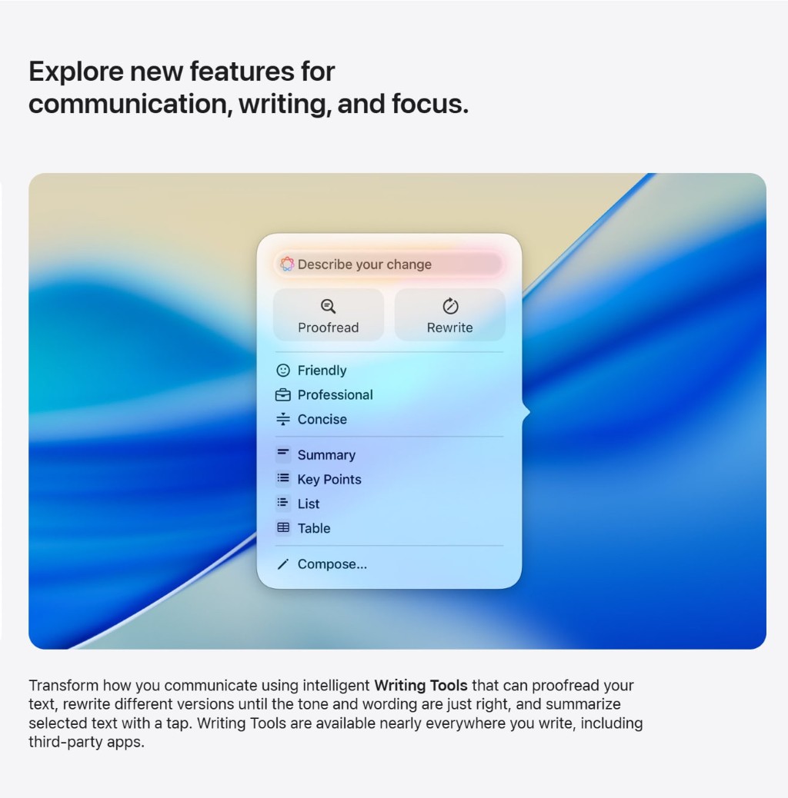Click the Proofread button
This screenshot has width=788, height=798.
329,315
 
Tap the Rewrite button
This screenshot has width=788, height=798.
450,315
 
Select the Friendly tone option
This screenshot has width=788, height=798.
322,371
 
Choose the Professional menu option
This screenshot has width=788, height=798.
335,395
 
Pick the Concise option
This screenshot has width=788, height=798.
322,420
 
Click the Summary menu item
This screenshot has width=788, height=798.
326,455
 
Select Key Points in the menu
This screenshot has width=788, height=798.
329,480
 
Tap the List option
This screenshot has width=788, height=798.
308,504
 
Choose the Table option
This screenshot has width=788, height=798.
313,529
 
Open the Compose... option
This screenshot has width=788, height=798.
332,564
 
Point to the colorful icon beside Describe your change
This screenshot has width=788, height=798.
287,264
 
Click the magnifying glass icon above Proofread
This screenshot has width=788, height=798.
329,306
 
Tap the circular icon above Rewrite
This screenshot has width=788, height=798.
450,306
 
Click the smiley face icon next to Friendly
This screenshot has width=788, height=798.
283,371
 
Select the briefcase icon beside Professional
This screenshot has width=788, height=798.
283,395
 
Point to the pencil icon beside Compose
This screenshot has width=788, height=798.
283,564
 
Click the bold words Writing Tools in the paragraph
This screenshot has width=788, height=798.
421,685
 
